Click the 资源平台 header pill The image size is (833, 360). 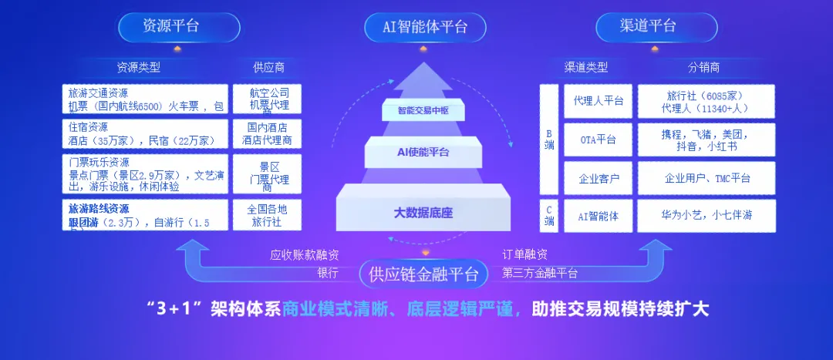[x=170, y=26]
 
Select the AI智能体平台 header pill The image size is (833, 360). [x=425, y=28]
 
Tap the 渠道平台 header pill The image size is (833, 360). [x=647, y=26]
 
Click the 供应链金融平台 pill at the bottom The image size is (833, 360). [x=423, y=274]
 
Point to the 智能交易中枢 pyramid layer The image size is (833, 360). [x=423, y=110]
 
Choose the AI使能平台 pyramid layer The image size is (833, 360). [x=423, y=152]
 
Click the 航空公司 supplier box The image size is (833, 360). [x=269, y=99]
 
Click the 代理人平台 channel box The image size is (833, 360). [x=598, y=100]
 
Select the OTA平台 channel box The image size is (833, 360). [x=598, y=140]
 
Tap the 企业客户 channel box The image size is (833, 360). [x=598, y=178]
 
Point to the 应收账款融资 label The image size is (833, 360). [x=304, y=255]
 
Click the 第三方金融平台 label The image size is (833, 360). [x=540, y=273]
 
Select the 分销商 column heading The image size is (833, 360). [x=703, y=67]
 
